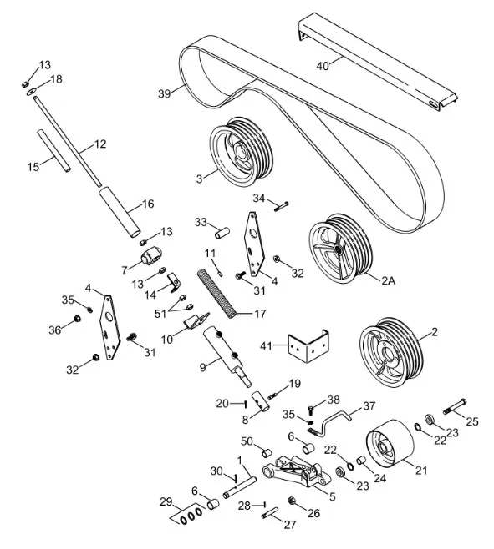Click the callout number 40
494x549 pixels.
coord(323,66)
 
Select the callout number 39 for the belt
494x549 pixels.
coord(164,93)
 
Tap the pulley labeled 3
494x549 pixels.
coord(241,152)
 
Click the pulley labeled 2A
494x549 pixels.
coord(340,249)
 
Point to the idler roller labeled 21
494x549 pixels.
coord(390,445)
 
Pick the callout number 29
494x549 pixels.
coord(166,502)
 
